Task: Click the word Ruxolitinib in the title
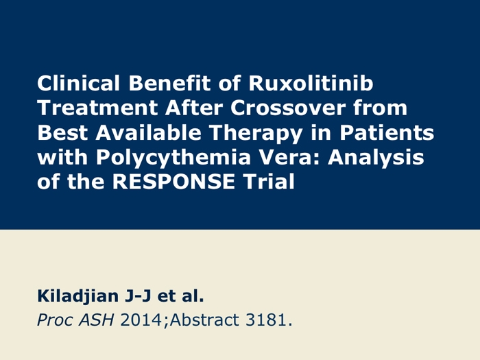click(311, 83)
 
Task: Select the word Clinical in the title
click(78, 83)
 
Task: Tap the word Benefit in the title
click(169, 83)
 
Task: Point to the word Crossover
click(289, 108)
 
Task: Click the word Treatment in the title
click(97, 108)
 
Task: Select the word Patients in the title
click(387, 132)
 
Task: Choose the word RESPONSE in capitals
click(173, 182)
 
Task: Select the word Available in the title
click(149, 132)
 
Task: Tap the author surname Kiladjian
click(77, 297)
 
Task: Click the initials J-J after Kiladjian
click(138, 296)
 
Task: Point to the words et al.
click(180, 296)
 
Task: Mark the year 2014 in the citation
click(141, 320)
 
